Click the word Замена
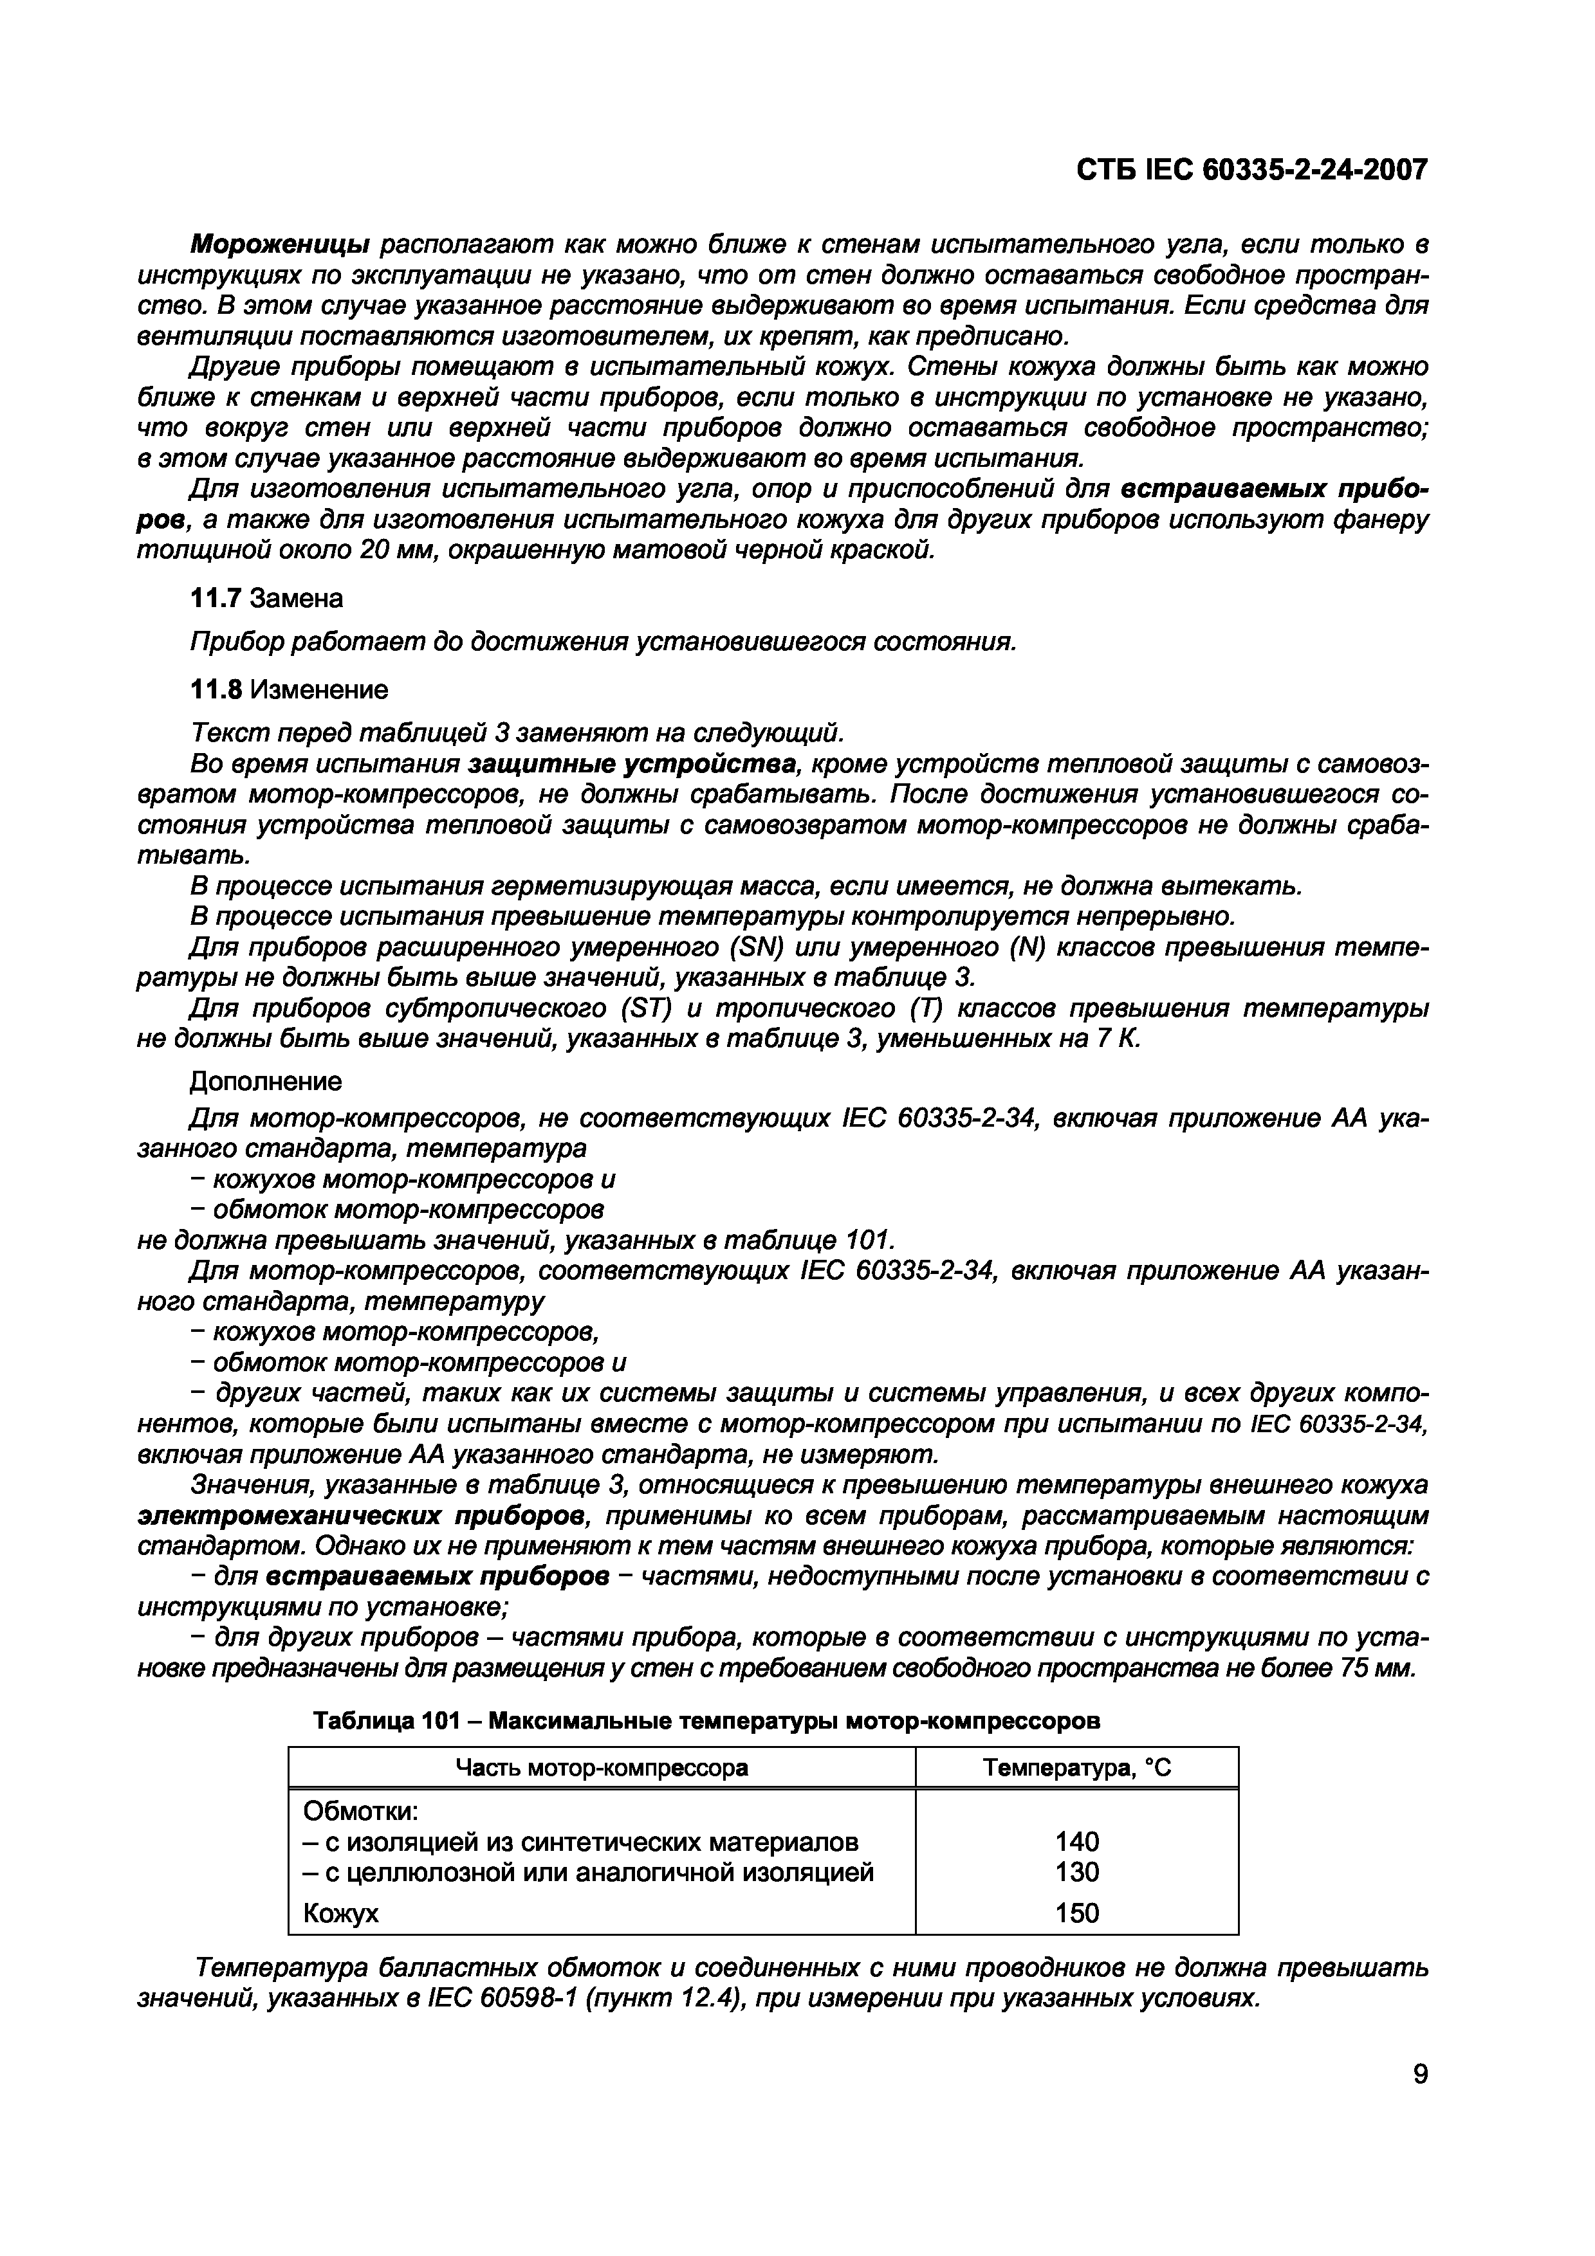coord(298,597)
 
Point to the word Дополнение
coord(265,1082)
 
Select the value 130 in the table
coord(1076,1872)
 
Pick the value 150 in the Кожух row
coord(1076,1913)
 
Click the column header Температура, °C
coord(1076,1769)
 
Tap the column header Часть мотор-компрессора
coord(602,1769)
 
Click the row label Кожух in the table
coord(340,1914)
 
